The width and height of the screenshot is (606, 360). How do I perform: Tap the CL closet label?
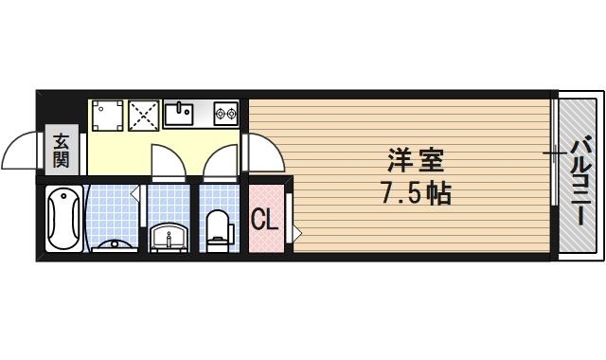[264, 221]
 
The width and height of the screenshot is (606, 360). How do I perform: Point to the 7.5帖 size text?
[415, 193]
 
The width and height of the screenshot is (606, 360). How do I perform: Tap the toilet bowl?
[219, 227]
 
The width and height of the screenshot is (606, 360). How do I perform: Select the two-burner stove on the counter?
[225, 115]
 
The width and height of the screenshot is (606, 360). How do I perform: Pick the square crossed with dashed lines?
[144, 115]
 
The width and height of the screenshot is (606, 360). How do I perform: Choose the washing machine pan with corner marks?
[107, 115]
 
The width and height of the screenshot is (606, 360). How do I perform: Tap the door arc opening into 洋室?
[262, 152]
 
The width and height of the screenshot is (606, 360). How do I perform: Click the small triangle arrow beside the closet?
[297, 230]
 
